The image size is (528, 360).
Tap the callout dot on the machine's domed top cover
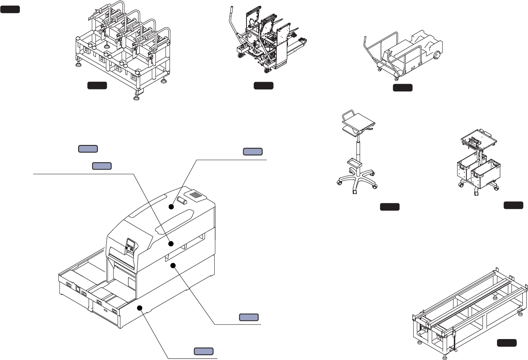click(x=171, y=207)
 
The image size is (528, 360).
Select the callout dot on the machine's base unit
click(x=140, y=308)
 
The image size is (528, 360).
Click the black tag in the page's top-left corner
click(x=10, y=9)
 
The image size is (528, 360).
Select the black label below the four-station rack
click(x=97, y=85)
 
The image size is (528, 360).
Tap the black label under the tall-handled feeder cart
click(x=263, y=85)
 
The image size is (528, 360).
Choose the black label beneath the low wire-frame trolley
click(x=403, y=88)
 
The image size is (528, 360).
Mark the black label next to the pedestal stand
click(x=389, y=207)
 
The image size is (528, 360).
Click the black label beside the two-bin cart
click(x=514, y=206)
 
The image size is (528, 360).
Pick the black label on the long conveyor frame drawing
click(x=507, y=343)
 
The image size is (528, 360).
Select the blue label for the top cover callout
click(x=253, y=151)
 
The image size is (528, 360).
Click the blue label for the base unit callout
click(x=203, y=350)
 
